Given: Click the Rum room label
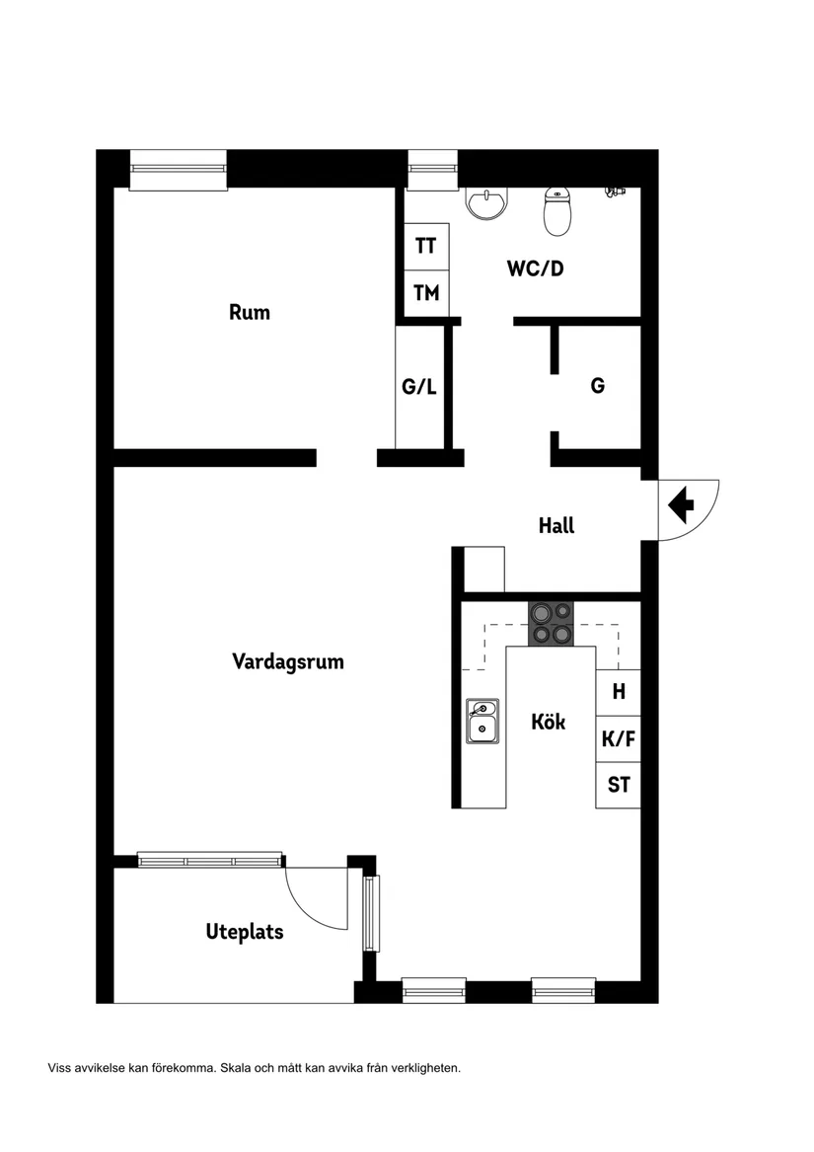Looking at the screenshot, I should click(250, 312).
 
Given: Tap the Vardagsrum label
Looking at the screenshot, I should click(288, 661).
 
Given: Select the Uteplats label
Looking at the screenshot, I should click(245, 931).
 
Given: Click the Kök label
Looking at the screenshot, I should click(549, 722).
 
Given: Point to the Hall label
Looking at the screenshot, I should click(556, 525).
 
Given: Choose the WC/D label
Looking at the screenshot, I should click(536, 268).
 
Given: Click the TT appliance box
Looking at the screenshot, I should click(426, 246).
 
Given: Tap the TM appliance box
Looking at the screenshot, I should click(426, 293).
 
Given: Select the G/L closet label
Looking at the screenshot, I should click(419, 387).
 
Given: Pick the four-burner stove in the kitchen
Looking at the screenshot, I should click(551, 623).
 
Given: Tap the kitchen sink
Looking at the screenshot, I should click(482, 721).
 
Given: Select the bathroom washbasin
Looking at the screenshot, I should click(487, 202).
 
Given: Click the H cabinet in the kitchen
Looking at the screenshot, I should click(619, 692).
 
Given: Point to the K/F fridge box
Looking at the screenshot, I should click(619, 738).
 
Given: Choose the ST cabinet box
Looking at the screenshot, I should click(619, 786).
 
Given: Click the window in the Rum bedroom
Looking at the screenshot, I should click(179, 169).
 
